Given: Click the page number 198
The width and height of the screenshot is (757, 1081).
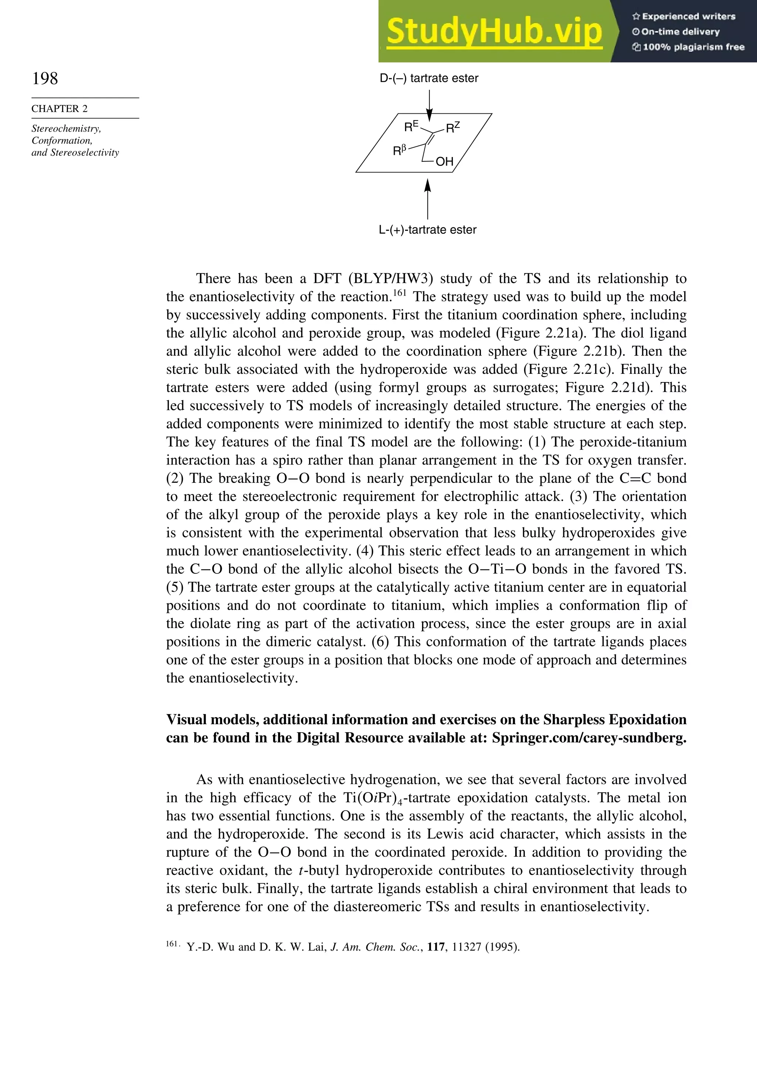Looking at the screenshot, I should click(x=45, y=78).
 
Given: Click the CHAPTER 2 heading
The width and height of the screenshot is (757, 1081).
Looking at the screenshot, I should click(x=60, y=109).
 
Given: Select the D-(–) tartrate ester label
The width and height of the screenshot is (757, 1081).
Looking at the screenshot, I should click(x=429, y=78).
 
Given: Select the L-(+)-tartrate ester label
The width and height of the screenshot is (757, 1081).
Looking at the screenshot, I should click(x=427, y=230).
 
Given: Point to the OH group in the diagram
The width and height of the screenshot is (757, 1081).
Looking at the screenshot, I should click(x=444, y=162).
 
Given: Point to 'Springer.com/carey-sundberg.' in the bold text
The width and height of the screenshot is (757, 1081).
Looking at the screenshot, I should click(x=589, y=737).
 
